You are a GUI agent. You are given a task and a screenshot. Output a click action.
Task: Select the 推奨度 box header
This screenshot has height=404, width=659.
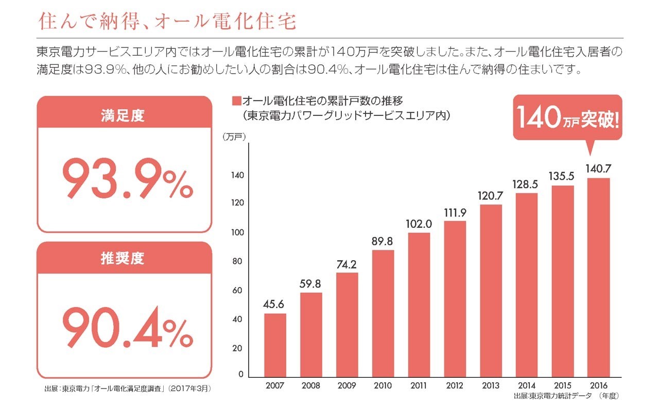[124, 258]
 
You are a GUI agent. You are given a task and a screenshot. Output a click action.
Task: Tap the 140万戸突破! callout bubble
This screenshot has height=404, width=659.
[567, 118]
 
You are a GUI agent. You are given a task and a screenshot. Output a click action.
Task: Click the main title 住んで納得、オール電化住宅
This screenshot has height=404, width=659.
[168, 22]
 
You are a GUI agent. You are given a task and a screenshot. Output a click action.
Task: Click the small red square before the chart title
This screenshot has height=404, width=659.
[236, 100]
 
